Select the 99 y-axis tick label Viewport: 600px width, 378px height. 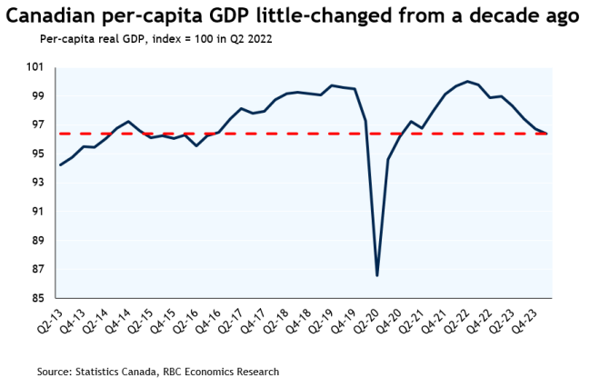[x=37, y=96]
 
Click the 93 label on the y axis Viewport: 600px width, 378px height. [x=37, y=183]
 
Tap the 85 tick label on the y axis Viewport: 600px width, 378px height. [x=37, y=298]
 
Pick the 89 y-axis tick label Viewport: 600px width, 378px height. [x=37, y=241]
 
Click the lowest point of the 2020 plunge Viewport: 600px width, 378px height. [x=376, y=275]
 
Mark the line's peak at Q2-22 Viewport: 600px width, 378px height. [x=467, y=82]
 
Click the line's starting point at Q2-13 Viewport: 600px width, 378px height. [x=60, y=164]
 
